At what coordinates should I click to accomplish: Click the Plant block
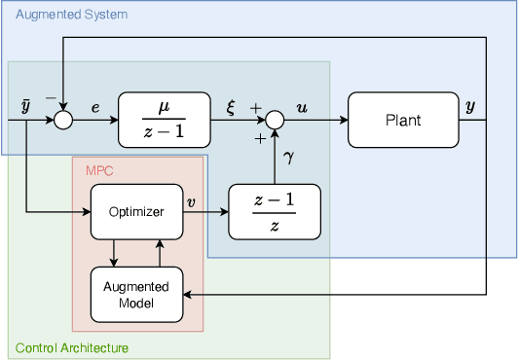(403, 120)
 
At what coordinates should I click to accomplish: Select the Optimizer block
(137, 211)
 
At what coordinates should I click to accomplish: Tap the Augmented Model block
(137, 295)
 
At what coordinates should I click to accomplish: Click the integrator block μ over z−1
(164, 120)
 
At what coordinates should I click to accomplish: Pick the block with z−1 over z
(275, 211)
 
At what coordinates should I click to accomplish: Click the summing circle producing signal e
(63, 120)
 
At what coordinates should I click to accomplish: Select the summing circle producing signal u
(275, 120)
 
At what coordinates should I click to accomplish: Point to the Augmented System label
(58, 15)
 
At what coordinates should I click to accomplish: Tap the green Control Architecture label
(71, 347)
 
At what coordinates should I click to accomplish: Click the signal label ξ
(231, 105)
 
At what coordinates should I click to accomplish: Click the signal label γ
(288, 156)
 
